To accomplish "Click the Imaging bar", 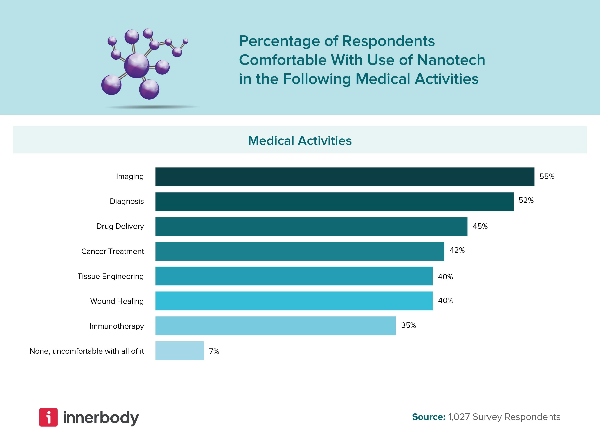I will click(x=345, y=177).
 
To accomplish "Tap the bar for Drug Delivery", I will click(x=311, y=226).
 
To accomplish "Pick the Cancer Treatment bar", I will click(x=300, y=251).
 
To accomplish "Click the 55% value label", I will click(x=547, y=176).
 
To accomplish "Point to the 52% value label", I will click(x=526, y=200).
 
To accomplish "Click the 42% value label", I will click(x=457, y=250).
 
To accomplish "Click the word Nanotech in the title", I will click(x=451, y=60).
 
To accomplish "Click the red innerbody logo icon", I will click(x=49, y=417).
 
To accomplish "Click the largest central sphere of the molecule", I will click(x=136, y=65).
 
